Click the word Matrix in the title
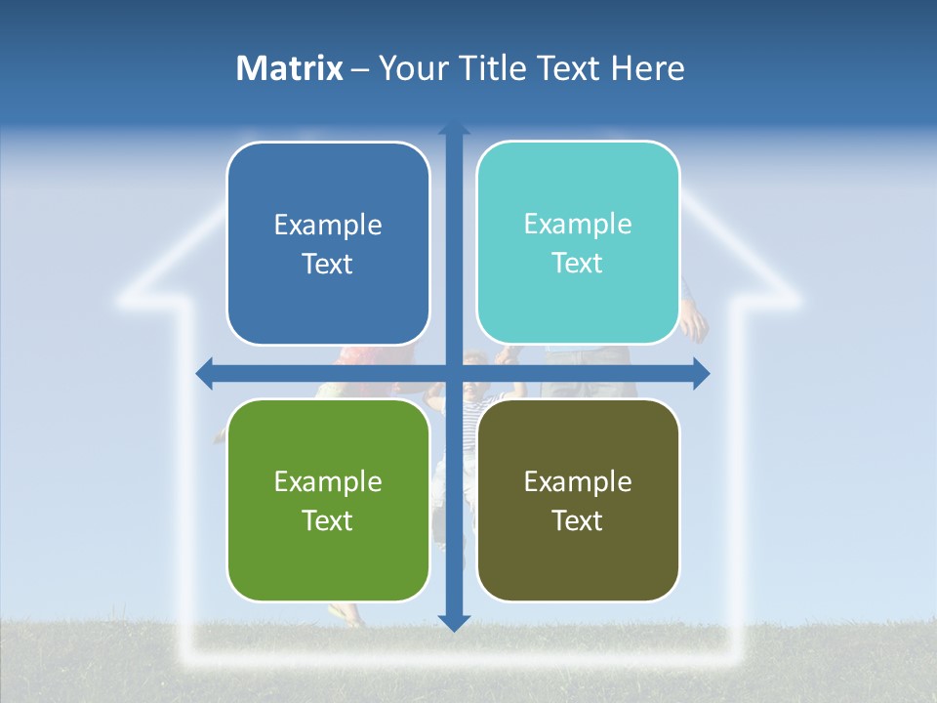click(290, 68)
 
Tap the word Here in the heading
click(647, 68)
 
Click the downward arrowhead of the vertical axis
click(454, 621)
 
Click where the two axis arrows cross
click(454, 372)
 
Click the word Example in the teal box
click(578, 224)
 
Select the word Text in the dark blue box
click(328, 264)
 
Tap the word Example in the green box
click(328, 481)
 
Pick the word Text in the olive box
click(578, 520)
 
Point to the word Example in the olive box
click(578, 481)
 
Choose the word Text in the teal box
click(578, 263)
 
